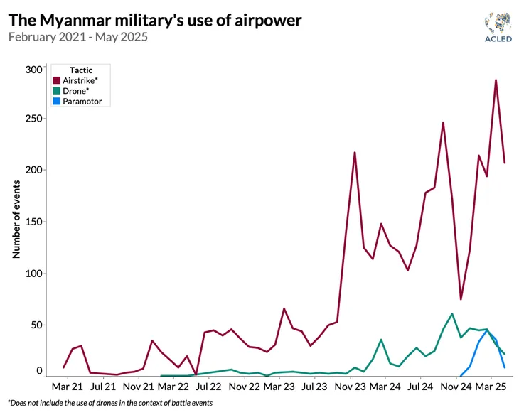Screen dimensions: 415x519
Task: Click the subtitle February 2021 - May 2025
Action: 77,36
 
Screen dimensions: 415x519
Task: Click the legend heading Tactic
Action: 80,70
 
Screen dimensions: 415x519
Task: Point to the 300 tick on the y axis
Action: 33,69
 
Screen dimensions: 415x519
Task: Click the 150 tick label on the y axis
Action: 33,222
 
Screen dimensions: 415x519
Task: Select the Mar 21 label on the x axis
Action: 67,387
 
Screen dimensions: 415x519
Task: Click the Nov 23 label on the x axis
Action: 349,387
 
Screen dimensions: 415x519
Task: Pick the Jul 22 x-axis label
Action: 208,387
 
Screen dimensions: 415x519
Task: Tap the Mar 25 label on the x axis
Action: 491,387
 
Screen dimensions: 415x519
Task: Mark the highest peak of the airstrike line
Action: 496,80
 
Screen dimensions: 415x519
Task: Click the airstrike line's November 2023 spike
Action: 354,152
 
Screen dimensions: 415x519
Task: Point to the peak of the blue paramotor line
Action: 487,330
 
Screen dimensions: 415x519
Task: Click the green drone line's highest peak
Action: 452,313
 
